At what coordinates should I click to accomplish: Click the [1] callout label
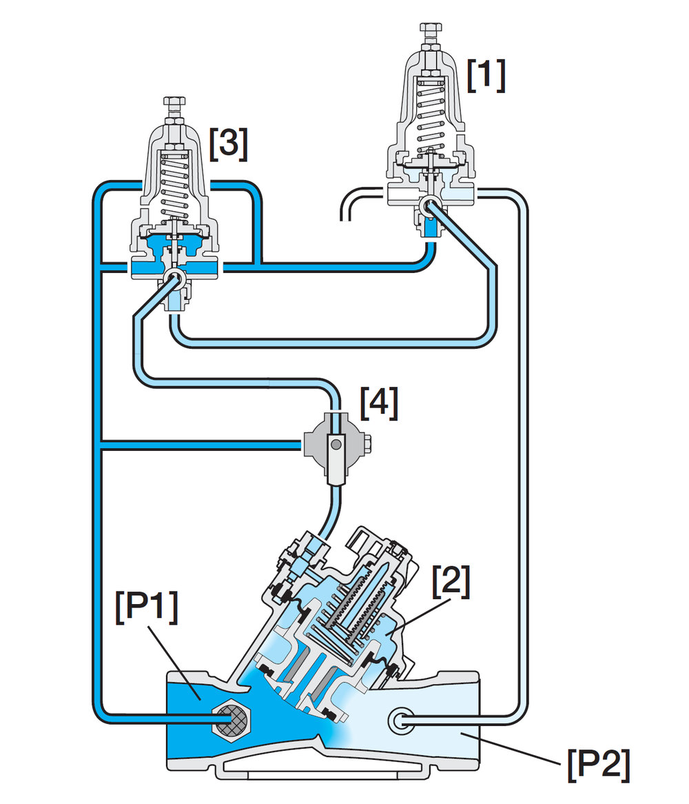click(x=486, y=75)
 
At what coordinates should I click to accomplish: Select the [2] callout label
click(x=451, y=581)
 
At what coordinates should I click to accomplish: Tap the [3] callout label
click(x=229, y=144)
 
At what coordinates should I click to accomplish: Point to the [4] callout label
click(x=379, y=403)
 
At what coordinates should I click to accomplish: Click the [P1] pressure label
click(x=147, y=607)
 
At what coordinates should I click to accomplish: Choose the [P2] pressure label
click(x=598, y=765)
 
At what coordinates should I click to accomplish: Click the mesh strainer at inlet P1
click(x=231, y=721)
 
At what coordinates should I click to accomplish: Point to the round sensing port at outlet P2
click(x=401, y=721)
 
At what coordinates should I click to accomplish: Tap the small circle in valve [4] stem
click(x=336, y=445)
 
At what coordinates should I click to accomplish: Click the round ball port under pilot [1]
click(x=429, y=206)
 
